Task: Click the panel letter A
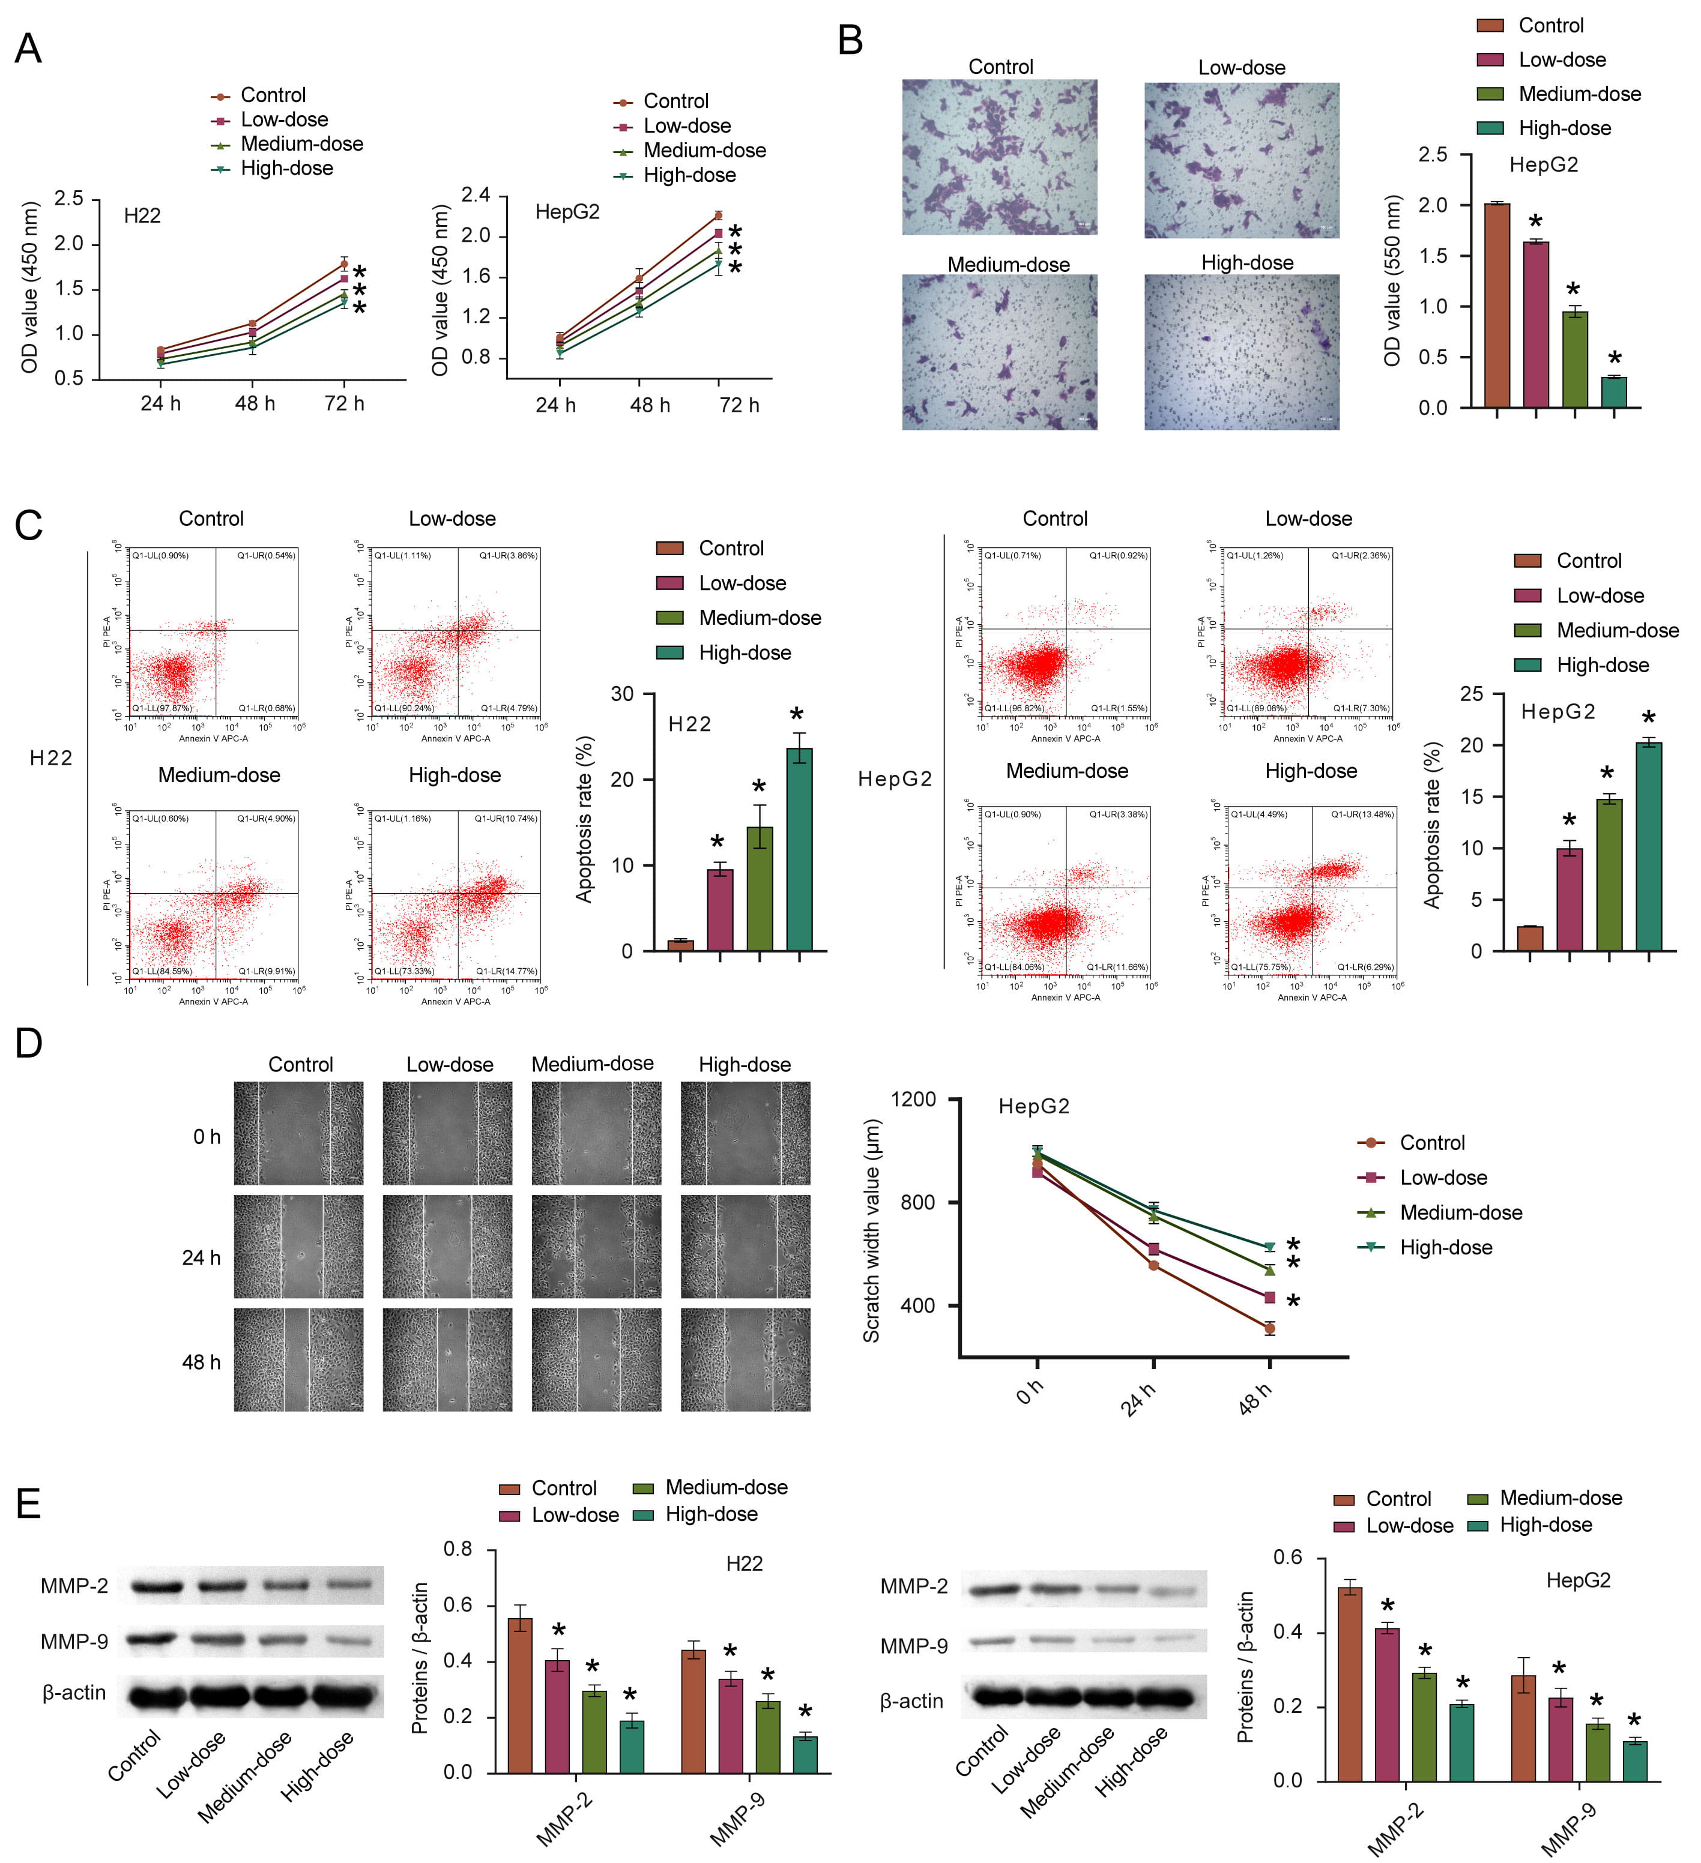[x=28, y=48]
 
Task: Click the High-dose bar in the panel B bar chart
[x=1613, y=392]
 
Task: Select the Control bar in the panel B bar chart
[x=1497, y=305]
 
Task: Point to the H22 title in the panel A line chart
[x=142, y=215]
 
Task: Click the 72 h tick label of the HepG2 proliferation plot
[x=740, y=405]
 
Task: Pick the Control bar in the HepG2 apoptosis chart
[x=1530, y=938]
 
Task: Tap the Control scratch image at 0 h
[x=298, y=1133]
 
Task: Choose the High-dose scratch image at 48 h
[x=745, y=1359]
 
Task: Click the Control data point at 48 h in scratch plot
[x=1269, y=1329]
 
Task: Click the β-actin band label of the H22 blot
[x=74, y=1693]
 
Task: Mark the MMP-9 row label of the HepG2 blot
[x=913, y=1646]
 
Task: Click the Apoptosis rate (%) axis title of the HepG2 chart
[x=1432, y=825]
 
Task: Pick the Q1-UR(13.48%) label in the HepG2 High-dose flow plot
[x=1362, y=814]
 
